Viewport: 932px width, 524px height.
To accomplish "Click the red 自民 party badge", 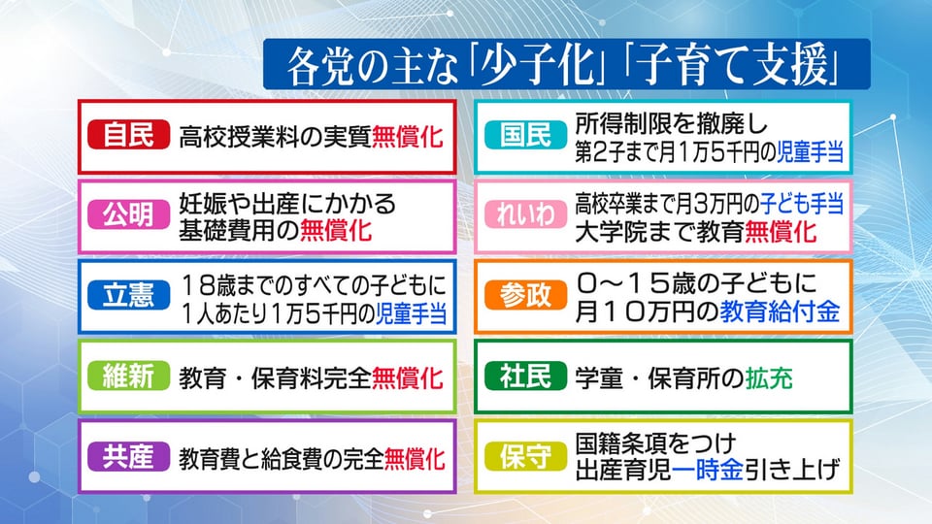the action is click(128, 135).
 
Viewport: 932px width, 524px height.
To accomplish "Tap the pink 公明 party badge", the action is click(128, 215).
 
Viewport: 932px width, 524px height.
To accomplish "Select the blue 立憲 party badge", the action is click(128, 295).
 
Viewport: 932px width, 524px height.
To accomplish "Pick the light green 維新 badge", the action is click(128, 376).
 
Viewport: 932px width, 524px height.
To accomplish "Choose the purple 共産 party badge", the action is click(128, 456).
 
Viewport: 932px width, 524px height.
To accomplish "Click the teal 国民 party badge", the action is click(525, 135).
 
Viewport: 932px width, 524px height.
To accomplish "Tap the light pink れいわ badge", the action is click(525, 215).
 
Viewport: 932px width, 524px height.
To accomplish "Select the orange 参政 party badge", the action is click(525, 295).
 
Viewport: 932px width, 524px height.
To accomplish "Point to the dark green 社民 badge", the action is click(525, 376).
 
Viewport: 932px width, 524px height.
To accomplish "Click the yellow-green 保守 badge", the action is click(525, 456).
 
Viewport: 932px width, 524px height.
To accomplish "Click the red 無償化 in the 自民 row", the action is click(408, 137).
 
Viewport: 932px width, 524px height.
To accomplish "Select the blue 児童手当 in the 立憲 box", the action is click(412, 313).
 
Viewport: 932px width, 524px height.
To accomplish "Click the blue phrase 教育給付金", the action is click(780, 311).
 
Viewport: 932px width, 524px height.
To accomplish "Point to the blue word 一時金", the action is click(708, 471).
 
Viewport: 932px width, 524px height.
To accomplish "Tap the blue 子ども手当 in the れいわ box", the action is click(802, 205).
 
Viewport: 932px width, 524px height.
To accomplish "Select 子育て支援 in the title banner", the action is click(734, 65).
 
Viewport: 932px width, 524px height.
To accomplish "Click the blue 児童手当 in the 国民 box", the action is click(811, 152).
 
